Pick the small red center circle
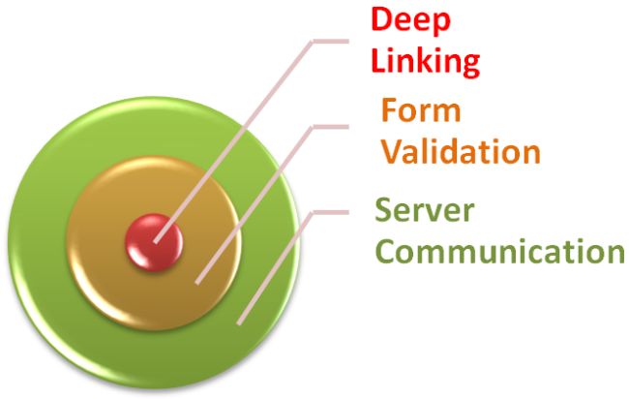coord(153,242)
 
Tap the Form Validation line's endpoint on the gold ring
coord(197,283)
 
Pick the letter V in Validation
coord(390,152)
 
